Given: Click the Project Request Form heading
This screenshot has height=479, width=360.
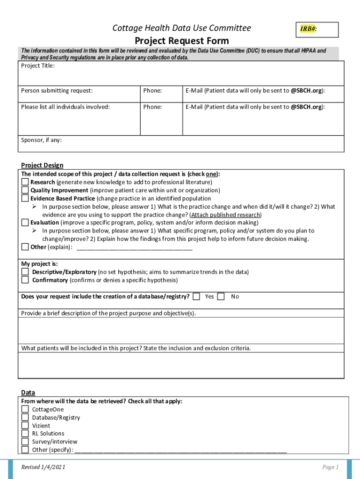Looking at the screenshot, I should point(182,41).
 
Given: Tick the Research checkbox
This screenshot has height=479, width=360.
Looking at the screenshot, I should point(25,182).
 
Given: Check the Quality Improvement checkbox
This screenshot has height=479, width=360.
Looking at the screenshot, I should point(25,190).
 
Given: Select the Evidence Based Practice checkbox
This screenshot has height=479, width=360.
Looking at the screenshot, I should point(25,198).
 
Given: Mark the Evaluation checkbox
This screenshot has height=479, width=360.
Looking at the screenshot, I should point(25,223).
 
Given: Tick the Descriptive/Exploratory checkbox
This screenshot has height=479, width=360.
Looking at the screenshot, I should point(25,272).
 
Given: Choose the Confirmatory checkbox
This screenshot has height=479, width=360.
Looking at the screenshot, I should point(25,280).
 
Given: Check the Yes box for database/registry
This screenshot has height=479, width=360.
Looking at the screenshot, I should point(196,296).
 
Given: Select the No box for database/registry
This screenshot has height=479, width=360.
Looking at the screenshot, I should point(221,296).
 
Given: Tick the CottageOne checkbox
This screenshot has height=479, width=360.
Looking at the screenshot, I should point(25,409).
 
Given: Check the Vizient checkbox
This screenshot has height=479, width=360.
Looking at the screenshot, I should point(25,426).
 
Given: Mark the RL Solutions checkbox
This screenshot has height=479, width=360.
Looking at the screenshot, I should point(25,434).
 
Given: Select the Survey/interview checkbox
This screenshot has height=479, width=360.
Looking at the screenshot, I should point(25,442).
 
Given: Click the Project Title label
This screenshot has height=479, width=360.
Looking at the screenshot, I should point(38,66).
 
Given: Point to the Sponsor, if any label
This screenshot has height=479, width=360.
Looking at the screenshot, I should point(41,140).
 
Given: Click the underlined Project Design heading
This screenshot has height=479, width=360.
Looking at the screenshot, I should point(42,165).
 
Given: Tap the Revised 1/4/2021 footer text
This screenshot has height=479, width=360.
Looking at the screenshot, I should point(43,467).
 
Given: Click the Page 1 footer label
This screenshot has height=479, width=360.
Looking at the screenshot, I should point(330,467).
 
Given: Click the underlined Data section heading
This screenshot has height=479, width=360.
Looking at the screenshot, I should point(28,392).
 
